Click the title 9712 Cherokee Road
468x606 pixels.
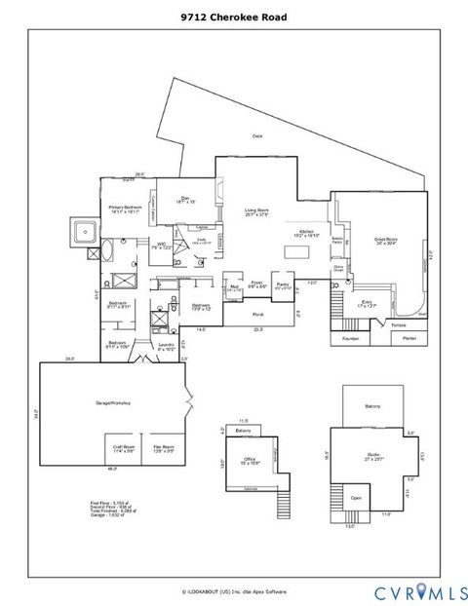(234, 17)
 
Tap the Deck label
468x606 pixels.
(257, 135)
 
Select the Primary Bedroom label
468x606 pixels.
(126, 209)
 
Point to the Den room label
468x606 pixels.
(185, 200)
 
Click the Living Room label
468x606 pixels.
(256, 212)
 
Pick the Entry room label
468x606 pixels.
(368, 305)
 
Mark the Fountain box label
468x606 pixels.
(351, 339)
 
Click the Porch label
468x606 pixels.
(258, 315)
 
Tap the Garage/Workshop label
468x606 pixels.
(113, 402)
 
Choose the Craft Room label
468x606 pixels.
(123, 450)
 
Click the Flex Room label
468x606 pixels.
(162, 450)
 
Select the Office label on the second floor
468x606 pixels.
(249, 460)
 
